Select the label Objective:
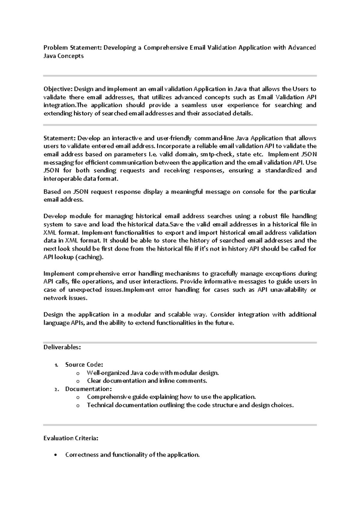(x=58, y=89)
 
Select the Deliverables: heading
(x=62, y=347)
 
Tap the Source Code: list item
(x=84, y=365)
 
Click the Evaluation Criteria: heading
(x=71, y=438)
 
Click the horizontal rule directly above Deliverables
(x=180, y=342)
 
